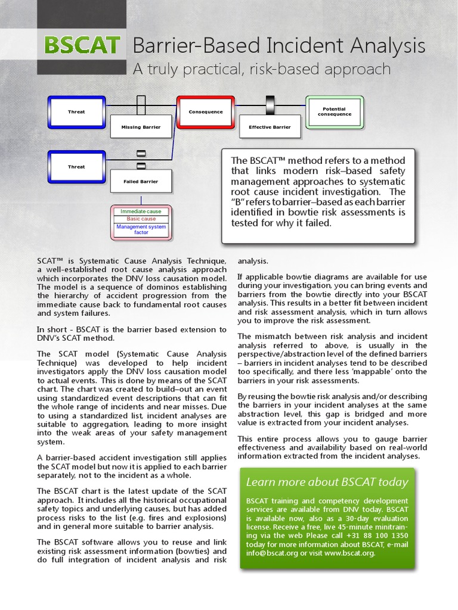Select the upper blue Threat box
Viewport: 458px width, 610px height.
tap(76, 112)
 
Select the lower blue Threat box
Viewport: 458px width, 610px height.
tap(76, 167)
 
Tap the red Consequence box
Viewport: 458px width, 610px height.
tap(206, 112)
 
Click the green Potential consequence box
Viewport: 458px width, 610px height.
tap(334, 112)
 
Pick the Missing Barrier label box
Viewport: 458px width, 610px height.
tap(141, 127)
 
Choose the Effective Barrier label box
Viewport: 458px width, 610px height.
tap(270, 127)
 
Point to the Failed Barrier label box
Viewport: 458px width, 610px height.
tap(141, 181)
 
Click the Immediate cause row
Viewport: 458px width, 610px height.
tap(141, 211)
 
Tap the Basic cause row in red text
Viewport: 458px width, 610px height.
tap(141, 219)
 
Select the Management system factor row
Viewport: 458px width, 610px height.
tap(141, 229)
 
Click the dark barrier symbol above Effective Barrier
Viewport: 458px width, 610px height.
tap(270, 105)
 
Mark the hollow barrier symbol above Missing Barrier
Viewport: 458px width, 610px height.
tap(141, 105)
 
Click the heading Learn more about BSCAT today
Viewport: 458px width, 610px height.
tap(327, 482)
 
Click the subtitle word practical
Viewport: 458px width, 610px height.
tap(206, 69)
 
